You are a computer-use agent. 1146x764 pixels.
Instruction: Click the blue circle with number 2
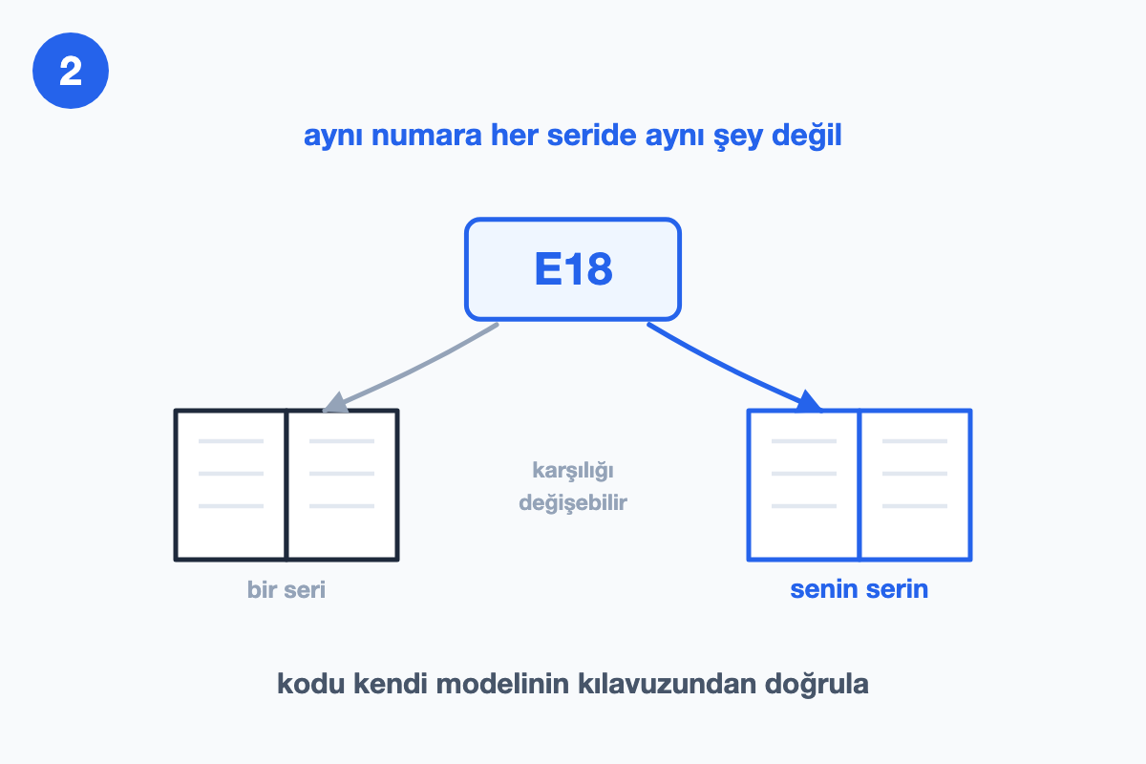(71, 71)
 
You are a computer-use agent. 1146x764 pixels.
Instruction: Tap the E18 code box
(572, 269)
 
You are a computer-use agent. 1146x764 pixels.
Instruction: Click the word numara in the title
(427, 135)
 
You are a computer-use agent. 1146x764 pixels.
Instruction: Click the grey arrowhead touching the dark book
(336, 402)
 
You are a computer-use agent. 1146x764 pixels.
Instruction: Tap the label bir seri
(286, 589)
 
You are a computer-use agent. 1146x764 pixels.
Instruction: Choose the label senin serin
(859, 589)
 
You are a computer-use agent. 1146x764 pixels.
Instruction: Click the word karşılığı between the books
(573, 471)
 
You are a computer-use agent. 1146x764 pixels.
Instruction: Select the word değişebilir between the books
(573, 502)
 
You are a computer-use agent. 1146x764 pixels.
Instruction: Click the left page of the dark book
(231, 484)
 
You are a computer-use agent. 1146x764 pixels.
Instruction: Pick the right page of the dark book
(342, 484)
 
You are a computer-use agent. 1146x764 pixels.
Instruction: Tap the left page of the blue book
(803, 484)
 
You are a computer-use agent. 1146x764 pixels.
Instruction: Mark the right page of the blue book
(915, 484)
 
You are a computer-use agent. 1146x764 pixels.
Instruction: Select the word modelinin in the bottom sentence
(502, 684)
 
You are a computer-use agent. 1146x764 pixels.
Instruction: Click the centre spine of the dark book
(286, 484)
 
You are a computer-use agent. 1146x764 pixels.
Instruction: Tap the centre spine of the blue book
(859, 484)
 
